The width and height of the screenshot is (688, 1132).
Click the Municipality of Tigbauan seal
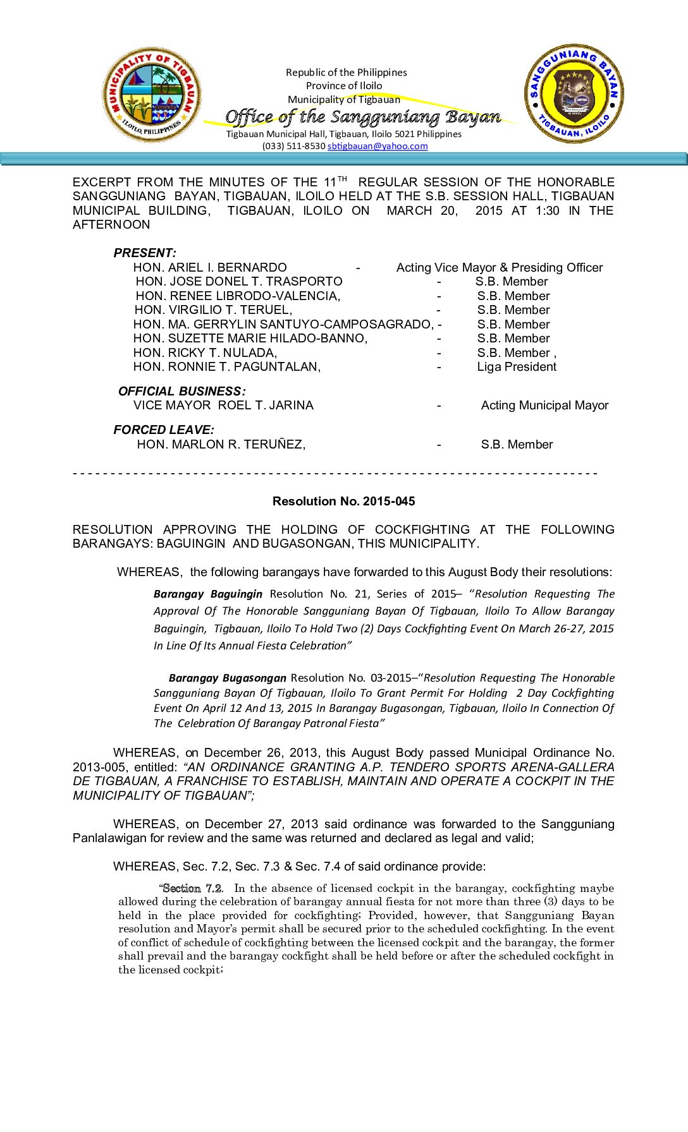point(152,95)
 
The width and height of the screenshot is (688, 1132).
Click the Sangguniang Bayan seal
point(574,93)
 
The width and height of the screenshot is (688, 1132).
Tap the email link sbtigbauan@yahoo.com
point(378,146)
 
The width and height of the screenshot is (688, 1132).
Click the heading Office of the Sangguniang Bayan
point(363,117)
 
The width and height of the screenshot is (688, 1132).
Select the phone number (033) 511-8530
point(294,146)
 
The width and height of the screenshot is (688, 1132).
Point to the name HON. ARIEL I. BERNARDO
point(210,267)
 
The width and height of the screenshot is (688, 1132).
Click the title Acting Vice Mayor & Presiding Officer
point(500,267)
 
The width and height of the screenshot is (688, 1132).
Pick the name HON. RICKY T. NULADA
point(205,352)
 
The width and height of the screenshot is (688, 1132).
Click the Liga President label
point(517,366)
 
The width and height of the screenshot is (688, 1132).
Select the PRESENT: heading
point(145,253)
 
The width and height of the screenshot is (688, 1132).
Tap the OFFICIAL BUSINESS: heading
point(181,391)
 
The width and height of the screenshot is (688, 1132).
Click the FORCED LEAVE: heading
point(164,430)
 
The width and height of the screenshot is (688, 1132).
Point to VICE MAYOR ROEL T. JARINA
point(223,405)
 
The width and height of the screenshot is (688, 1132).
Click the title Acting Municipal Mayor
point(544,405)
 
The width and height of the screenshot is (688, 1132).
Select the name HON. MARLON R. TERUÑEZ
point(221,444)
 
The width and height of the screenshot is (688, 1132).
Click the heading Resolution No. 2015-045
point(343,501)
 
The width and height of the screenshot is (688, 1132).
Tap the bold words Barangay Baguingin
point(208,594)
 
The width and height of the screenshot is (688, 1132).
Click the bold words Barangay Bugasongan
point(228,678)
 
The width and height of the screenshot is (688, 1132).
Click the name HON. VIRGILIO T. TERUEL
point(213,310)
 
